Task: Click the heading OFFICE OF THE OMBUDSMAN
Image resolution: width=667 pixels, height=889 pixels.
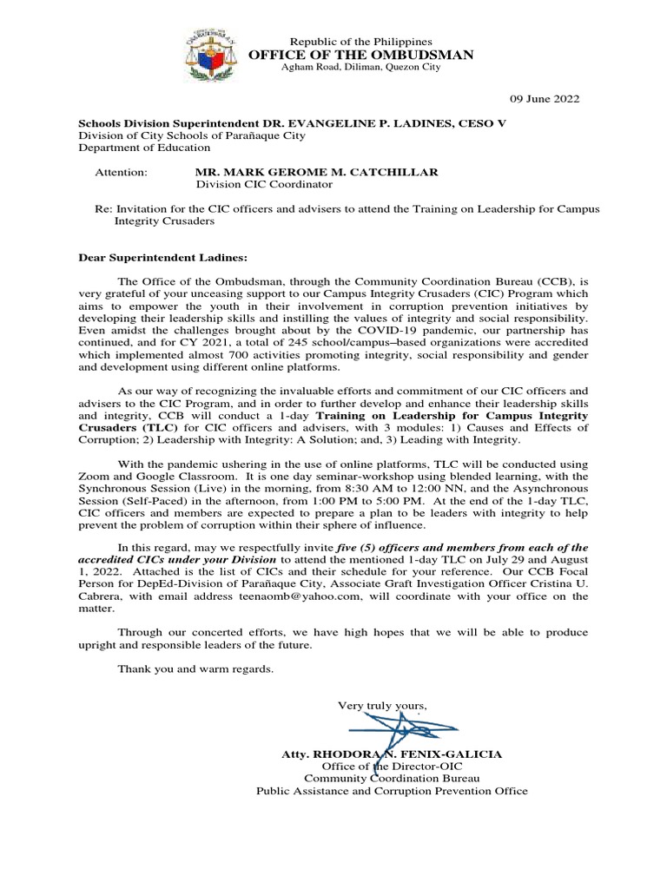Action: point(361,55)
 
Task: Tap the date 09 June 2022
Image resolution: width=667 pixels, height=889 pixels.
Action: point(543,99)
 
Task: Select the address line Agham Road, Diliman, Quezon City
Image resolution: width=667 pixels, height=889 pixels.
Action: point(360,69)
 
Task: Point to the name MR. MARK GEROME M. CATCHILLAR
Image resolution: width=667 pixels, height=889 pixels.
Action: point(316,172)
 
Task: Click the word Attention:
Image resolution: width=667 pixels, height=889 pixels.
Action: point(121,172)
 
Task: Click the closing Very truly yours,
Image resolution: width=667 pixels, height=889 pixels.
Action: point(382,707)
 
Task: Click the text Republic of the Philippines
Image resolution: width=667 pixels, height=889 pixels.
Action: point(360,42)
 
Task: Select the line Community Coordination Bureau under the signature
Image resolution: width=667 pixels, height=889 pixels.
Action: point(392,779)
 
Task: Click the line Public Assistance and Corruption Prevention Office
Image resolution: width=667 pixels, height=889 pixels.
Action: point(392,791)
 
